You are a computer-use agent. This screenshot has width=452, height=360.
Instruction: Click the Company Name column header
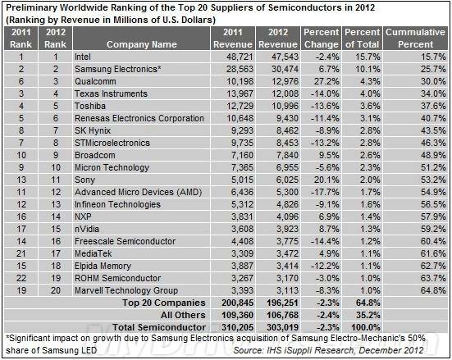pos(142,44)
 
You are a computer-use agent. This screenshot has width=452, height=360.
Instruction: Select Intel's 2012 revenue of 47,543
pos(285,57)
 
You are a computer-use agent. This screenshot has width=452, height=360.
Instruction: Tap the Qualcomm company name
pos(95,81)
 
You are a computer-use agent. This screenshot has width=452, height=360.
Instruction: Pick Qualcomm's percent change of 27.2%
pos(326,81)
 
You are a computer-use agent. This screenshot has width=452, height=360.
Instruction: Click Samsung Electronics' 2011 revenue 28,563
pos(240,69)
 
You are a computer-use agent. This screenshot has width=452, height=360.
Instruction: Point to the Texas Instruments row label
pos(111,93)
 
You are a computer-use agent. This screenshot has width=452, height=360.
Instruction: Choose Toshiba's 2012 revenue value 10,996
pos(285,106)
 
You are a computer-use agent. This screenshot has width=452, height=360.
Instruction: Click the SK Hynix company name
pos(93,130)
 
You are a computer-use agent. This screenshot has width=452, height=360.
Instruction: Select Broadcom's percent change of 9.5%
pos(329,155)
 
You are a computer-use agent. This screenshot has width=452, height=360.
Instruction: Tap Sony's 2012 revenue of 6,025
pos(287,180)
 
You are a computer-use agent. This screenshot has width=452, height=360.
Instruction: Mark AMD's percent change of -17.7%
pos(325,192)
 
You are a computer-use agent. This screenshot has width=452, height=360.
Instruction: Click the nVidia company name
pos(87,229)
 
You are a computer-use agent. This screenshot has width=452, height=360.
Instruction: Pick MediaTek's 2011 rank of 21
pos(21,253)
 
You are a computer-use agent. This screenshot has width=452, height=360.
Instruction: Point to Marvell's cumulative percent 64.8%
pos(433,290)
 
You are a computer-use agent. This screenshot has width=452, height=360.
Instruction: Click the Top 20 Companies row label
pos(164,303)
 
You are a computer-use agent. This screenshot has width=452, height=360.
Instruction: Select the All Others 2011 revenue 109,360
pos(238,316)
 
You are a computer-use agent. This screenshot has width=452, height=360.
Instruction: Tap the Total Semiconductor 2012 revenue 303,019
pos(282,327)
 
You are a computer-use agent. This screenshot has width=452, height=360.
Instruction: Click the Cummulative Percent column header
pos(415,38)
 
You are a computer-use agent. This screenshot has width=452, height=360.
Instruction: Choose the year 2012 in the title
pos(365,7)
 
